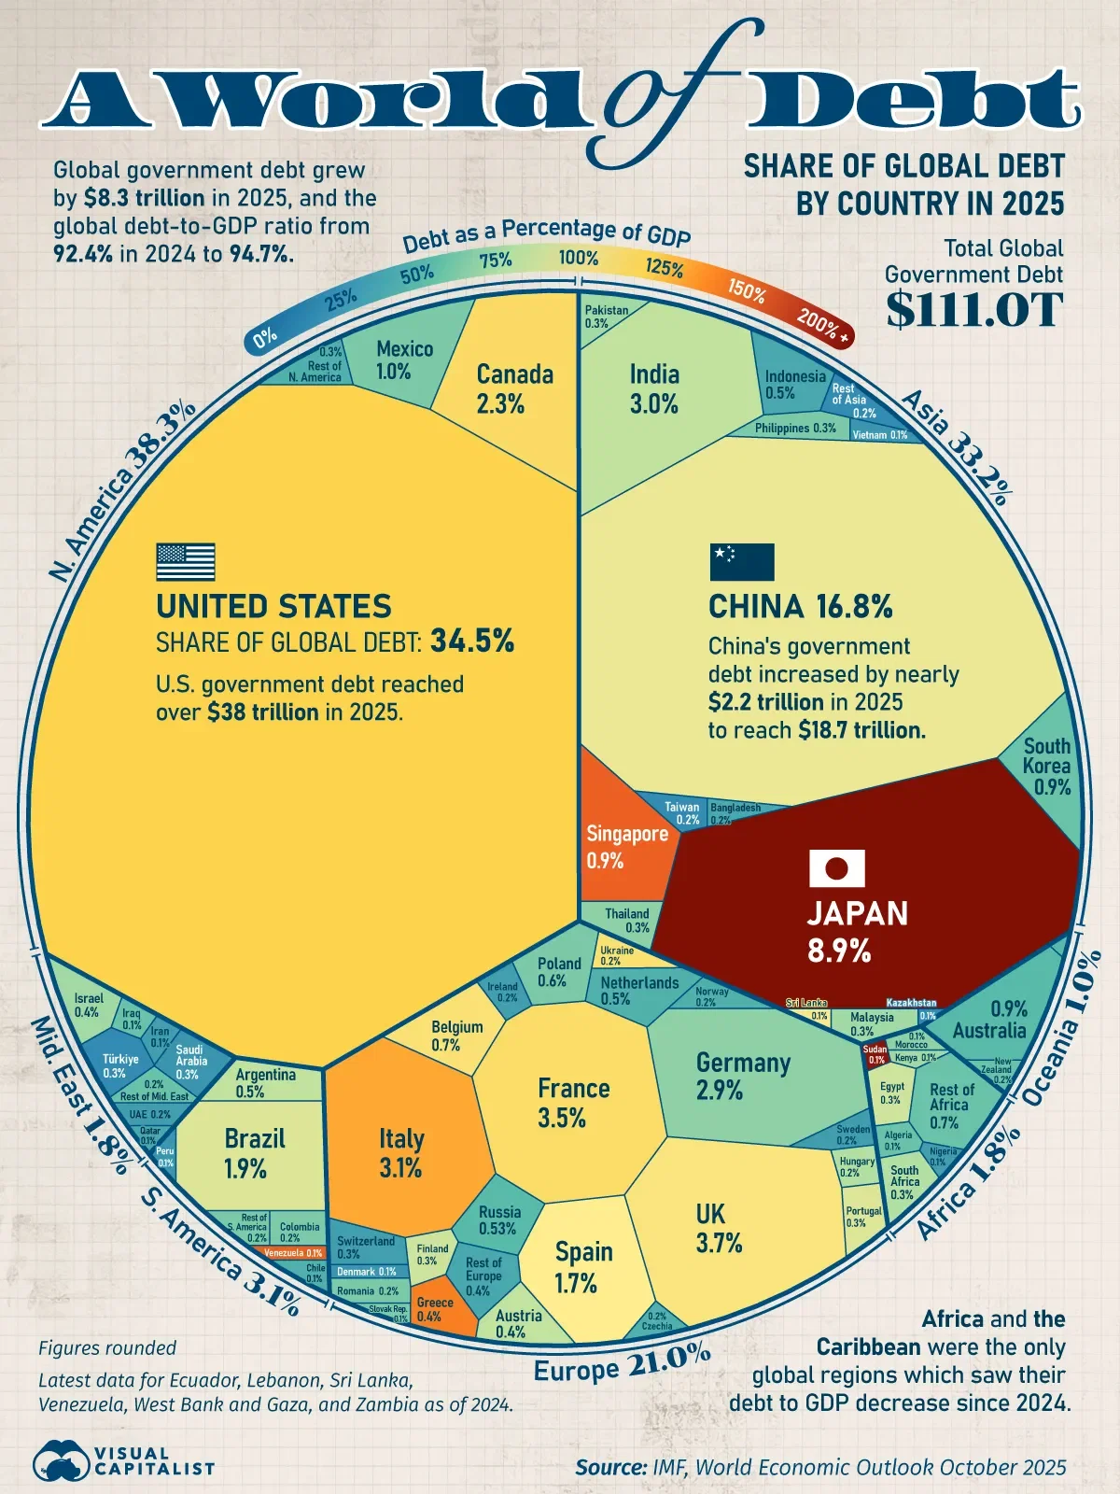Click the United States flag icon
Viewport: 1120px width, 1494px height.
point(185,562)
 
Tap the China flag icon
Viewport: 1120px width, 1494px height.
point(741,562)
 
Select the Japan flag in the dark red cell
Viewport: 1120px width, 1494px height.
point(836,868)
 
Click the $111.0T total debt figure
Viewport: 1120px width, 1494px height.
point(973,310)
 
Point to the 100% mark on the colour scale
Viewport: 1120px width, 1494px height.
point(578,258)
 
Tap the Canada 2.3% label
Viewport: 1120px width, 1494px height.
point(514,389)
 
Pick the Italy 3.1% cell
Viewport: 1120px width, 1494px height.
point(401,1152)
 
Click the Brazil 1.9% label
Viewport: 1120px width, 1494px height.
point(254,1153)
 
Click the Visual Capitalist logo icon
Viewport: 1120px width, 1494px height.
point(60,1460)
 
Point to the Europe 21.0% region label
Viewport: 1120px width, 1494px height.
point(622,1364)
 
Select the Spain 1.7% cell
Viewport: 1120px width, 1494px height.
point(582,1267)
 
